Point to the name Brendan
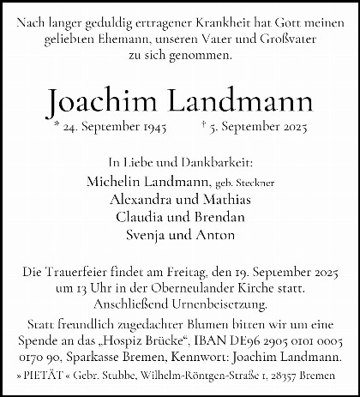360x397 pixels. (213, 216)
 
